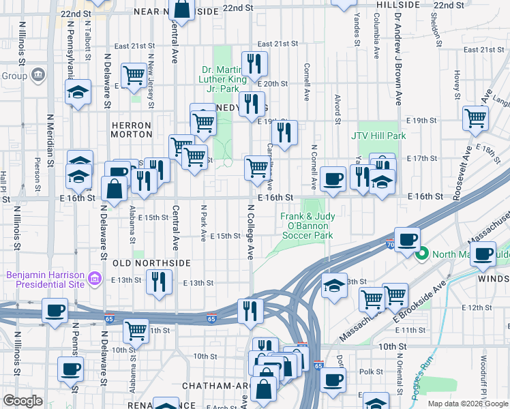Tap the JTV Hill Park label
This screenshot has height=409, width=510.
[378, 136]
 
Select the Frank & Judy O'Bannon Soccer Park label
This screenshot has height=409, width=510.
[307, 226]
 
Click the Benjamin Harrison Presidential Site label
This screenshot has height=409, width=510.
[47, 279]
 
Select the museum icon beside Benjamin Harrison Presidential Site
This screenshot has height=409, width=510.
[95, 279]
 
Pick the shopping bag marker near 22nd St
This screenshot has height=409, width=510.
[182, 10]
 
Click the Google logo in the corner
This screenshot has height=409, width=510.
[22, 401]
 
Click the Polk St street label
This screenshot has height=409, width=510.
[372, 372]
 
